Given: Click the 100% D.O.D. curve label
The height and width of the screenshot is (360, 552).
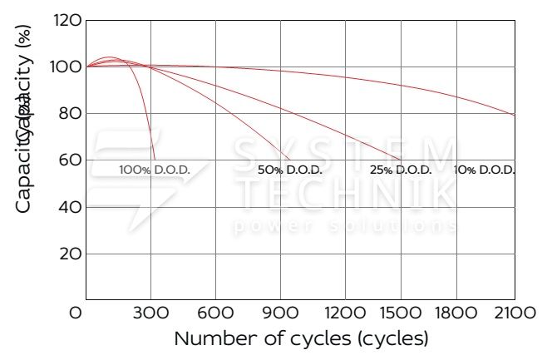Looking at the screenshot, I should (155, 170).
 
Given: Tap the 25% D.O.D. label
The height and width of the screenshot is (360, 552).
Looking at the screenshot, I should (401, 170).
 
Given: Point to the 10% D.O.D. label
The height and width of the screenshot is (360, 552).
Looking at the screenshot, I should (485, 170).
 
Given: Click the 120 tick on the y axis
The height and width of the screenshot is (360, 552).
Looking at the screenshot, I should (68, 19).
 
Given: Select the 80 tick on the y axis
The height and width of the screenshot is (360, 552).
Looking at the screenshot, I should (71, 113).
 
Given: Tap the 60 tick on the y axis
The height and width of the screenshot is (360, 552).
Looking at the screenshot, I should (71, 160).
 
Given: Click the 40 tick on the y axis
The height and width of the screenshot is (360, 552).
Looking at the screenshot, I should (71, 207).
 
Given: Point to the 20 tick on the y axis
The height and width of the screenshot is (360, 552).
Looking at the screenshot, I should (71, 254).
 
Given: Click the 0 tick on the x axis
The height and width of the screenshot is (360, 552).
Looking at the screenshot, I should (76, 313).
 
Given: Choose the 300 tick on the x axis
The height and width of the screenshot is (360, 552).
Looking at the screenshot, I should (151, 313).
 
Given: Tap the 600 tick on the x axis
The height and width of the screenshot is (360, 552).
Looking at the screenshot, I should (216, 313).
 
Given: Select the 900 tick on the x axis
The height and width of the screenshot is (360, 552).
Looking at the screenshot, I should (281, 313).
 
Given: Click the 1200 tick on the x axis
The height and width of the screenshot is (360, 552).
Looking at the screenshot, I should (343, 313).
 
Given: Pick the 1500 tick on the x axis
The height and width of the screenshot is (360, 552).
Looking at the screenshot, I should (401, 313).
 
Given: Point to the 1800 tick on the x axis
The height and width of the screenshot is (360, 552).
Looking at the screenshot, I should (456, 313).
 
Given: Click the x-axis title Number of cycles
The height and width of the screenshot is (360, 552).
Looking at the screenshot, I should (301, 339).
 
